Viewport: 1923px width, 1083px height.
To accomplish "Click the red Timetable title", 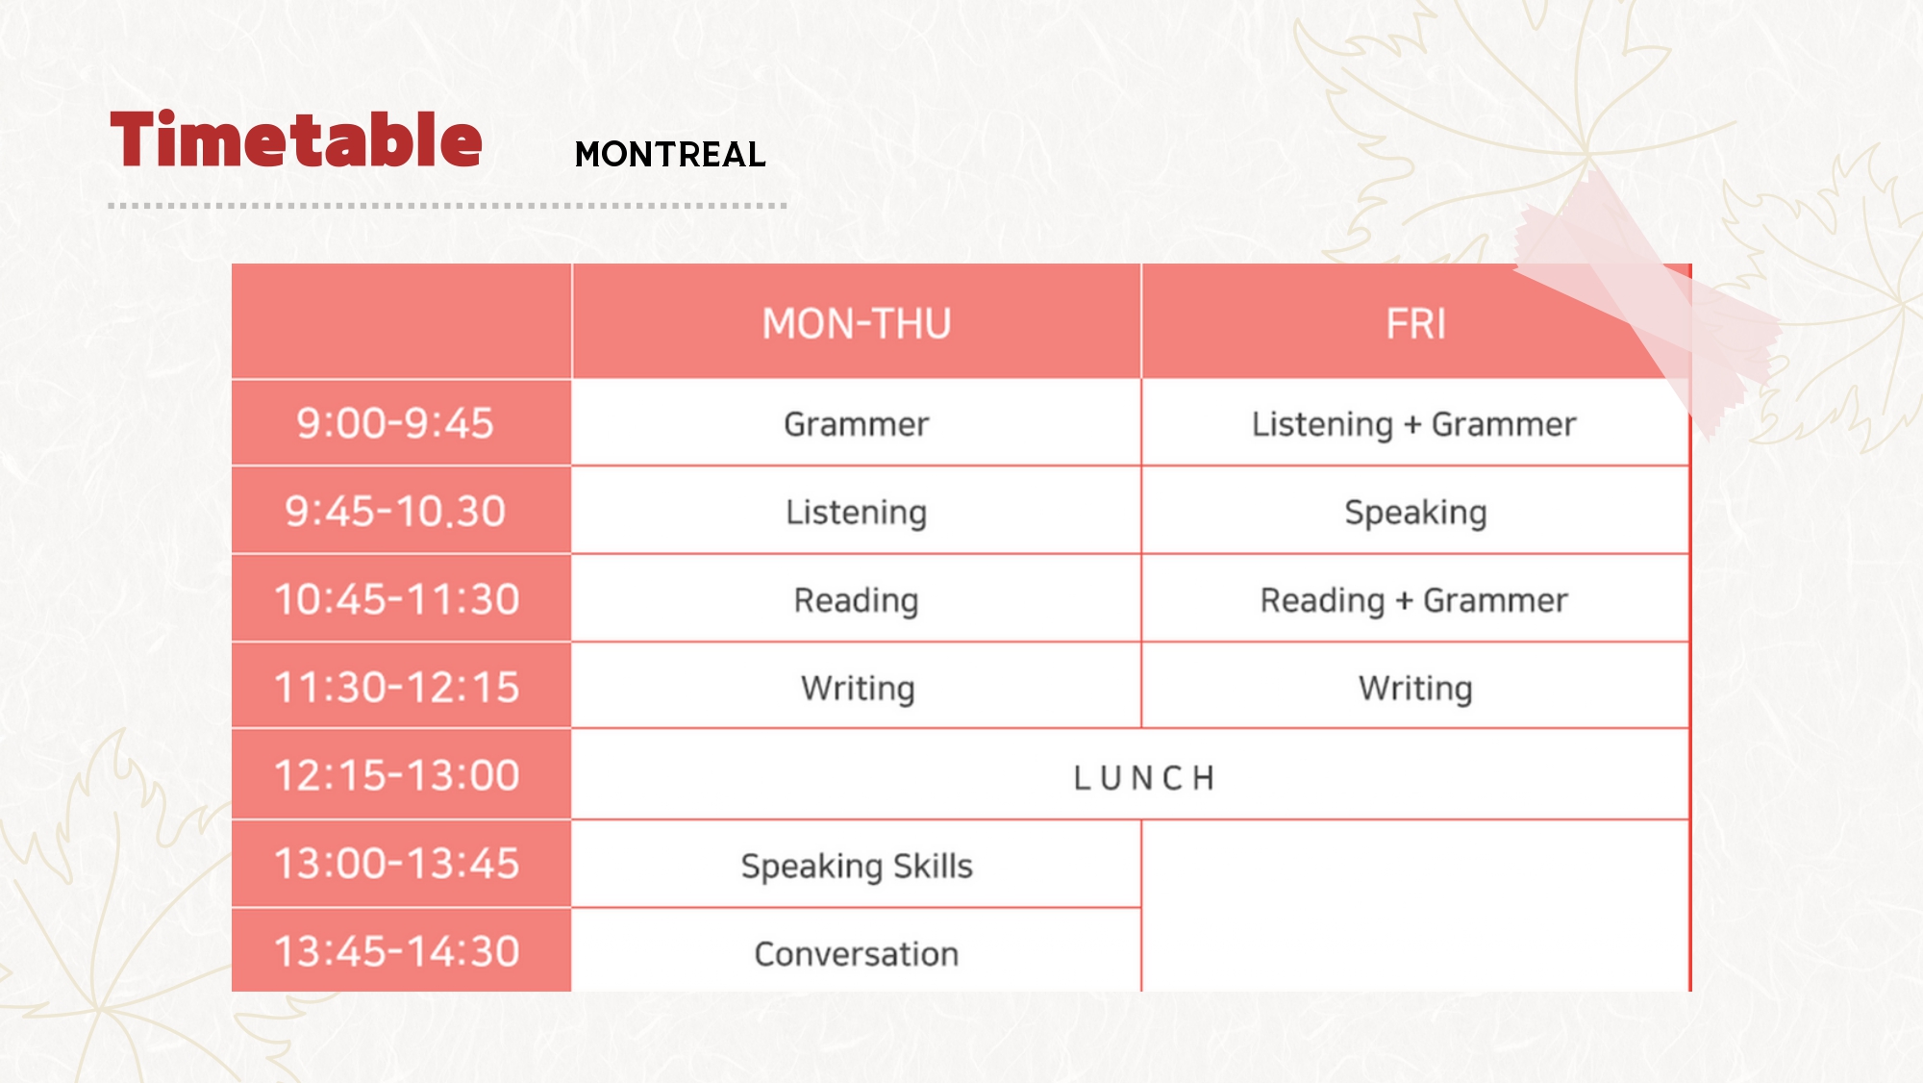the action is [296, 140].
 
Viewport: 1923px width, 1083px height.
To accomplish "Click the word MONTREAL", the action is [670, 155].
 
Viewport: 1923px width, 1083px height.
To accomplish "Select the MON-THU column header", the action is [857, 324].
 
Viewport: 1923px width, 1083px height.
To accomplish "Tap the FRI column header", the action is [1416, 324].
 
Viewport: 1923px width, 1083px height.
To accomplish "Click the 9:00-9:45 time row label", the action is [395, 423].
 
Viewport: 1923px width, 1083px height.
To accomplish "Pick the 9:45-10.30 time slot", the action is [395, 512].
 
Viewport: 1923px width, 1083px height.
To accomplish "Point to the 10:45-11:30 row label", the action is [397, 599].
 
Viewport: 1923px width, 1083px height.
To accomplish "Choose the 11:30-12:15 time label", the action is [397, 688].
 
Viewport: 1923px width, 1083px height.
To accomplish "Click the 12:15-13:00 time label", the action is [397, 775].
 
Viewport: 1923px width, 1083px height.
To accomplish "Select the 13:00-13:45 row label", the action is [397, 864].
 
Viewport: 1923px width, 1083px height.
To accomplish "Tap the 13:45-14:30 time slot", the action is [397, 951].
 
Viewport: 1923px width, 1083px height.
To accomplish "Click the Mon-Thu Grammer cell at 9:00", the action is [857, 424].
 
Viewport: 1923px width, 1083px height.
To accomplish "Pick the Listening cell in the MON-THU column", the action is [857, 513].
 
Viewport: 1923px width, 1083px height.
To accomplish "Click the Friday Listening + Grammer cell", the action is [1414, 424].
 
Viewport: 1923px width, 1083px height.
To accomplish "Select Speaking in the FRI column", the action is [1416, 513].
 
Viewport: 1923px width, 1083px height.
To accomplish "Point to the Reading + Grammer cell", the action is [1414, 601].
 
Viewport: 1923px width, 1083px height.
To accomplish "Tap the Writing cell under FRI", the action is [1416, 689].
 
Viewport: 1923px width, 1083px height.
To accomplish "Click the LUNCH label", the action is [1144, 778].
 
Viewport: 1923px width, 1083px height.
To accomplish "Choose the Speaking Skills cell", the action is [857, 867].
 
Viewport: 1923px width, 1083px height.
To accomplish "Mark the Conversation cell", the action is [857, 954].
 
